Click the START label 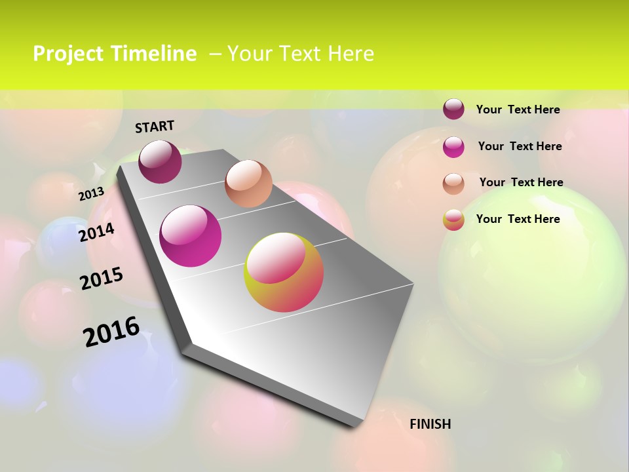[155, 127]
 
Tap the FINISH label [430, 424]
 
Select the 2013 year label [91, 194]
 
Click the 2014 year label [97, 232]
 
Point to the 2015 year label [102, 279]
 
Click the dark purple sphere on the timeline [160, 162]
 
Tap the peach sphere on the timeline [248, 184]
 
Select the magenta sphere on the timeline [191, 236]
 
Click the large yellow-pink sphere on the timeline [284, 272]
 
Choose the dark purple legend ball [453, 109]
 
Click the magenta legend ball [453, 146]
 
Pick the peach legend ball [453, 183]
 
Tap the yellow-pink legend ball [453, 220]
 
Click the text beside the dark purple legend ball [518, 109]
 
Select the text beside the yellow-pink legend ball [518, 219]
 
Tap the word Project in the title [67, 54]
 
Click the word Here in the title [351, 54]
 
